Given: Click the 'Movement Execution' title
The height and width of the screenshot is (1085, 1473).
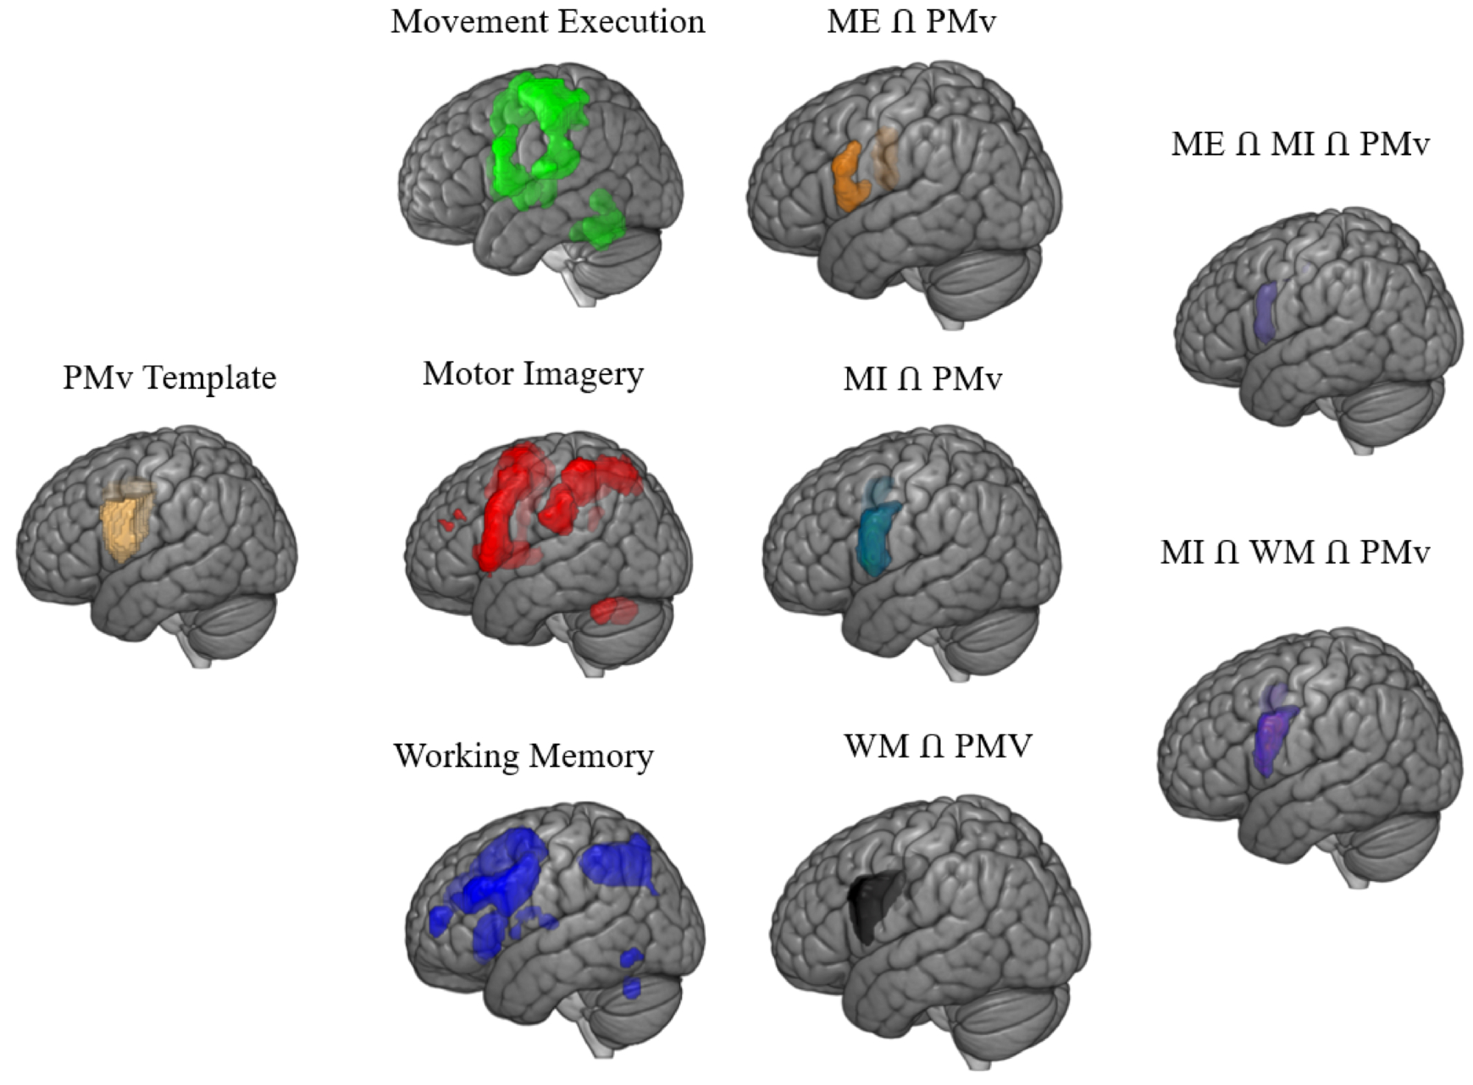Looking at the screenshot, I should click(547, 22).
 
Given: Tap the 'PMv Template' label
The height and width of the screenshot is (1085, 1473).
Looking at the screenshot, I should click(169, 378).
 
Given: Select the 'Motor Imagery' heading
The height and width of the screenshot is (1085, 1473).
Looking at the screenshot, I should click(532, 374).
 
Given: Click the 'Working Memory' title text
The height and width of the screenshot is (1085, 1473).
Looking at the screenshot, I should click(524, 756).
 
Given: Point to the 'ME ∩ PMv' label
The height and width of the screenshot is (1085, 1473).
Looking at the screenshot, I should click(911, 22).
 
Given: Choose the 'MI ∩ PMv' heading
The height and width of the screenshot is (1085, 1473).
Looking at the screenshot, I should click(922, 379).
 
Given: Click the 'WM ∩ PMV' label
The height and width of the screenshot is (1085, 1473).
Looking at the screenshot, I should click(938, 747).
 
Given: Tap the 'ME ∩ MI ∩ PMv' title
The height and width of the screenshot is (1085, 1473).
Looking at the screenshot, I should click(1300, 144).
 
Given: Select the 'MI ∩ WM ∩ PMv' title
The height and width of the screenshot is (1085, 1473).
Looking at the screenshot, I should click(1295, 552).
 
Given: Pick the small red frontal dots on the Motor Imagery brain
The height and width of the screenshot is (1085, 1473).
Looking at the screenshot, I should click(451, 519).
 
